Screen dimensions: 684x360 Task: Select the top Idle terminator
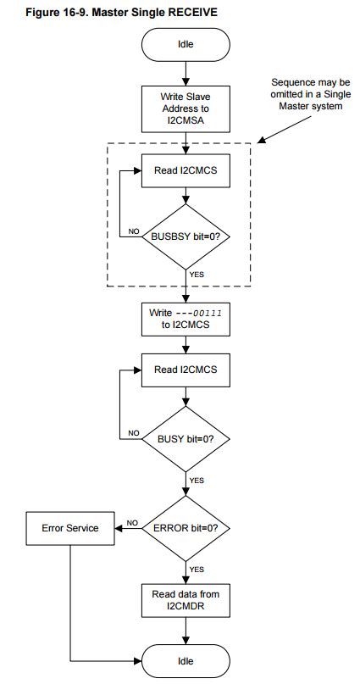tap(185, 45)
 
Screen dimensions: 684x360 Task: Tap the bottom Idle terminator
tap(185, 660)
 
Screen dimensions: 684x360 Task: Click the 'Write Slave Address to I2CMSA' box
tap(185, 108)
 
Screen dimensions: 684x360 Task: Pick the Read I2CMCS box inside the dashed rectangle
tap(185, 170)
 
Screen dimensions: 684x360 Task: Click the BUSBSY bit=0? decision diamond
tap(185, 236)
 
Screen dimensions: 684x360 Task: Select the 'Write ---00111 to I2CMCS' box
tap(185, 318)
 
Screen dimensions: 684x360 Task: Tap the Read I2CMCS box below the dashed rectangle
tap(185, 370)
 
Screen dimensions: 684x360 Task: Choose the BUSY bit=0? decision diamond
tap(185, 439)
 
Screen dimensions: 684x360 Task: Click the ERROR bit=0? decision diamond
tap(185, 527)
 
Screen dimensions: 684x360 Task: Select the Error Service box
tap(70, 527)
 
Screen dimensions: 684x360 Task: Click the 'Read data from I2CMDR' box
tap(185, 599)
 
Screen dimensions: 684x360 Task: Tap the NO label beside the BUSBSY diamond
tap(134, 230)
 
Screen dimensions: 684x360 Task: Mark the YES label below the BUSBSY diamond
tap(197, 274)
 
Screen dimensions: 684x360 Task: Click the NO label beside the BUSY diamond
tap(134, 432)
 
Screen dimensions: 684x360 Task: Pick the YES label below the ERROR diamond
tap(197, 569)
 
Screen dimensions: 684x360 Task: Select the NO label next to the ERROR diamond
tap(132, 522)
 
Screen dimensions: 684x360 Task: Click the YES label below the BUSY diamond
tap(197, 480)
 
